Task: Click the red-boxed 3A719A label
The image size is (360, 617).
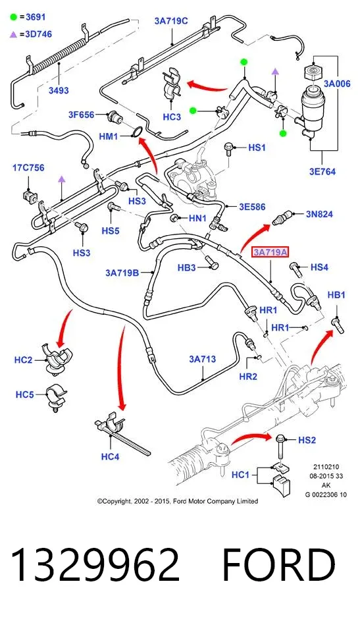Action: coord(270,252)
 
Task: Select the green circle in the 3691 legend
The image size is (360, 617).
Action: coord(14,17)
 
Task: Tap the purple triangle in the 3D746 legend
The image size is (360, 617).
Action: coord(14,35)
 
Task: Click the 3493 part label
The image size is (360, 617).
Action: coord(59,90)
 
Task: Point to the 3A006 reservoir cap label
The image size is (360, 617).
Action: coord(337,84)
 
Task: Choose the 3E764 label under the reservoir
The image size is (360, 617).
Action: coord(322,172)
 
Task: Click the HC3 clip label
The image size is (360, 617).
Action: coord(172,117)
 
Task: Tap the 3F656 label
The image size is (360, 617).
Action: coord(82,115)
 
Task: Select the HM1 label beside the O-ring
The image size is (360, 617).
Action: coord(109,136)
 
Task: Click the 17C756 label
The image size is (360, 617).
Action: coord(28,168)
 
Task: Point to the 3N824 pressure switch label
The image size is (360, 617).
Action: coord(319,214)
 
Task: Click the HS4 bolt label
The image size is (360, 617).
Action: coord(319,267)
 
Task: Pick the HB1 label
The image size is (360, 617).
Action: coord(336,295)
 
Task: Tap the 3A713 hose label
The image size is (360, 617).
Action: coord(202,359)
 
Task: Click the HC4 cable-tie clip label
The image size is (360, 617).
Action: coord(110,457)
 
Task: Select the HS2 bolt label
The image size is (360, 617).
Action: coord(307,440)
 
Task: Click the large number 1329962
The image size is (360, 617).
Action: coord(95,566)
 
